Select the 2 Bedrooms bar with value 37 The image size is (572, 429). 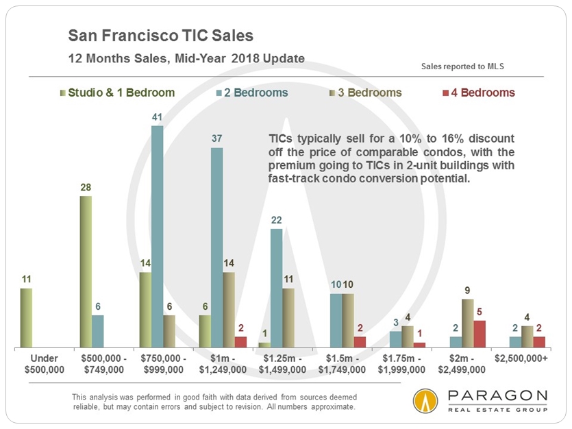[x=216, y=247]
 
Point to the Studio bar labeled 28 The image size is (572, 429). [x=86, y=271]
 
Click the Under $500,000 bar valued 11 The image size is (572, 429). [x=26, y=317]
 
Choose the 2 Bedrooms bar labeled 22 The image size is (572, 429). [x=276, y=288]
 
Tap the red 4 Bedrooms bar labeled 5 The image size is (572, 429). [x=480, y=334]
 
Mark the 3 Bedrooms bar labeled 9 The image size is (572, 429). [x=467, y=323]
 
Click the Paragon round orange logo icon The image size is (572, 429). [x=425, y=402]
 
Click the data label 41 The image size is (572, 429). [x=158, y=118]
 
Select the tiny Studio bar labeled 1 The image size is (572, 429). [x=264, y=345]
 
